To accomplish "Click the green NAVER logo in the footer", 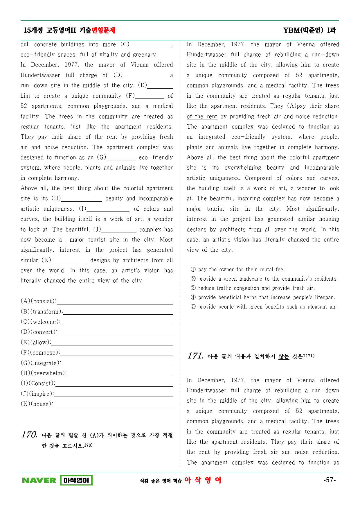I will tap(39, 480).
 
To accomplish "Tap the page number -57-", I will tap(330, 480).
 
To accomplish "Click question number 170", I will tap(29, 435).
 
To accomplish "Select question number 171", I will tap(195, 356).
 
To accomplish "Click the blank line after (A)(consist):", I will tap(115, 302).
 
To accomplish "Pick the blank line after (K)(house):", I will tap(113, 404).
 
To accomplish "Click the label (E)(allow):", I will tap(36, 343).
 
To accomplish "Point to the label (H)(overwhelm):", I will tap(44, 373).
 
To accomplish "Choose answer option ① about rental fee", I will tap(238, 270).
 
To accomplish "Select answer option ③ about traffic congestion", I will tap(253, 288).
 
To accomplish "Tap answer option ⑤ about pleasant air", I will tap(264, 307).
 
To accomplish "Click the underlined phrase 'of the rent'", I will tap(202, 117).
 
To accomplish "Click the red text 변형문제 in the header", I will tap(103, 30).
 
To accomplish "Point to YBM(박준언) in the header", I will tap(303, 30).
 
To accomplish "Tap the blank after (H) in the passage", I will tap(82, 199).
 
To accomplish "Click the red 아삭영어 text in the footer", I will tap(203, 480).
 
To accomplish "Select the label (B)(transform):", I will tap(42, 312).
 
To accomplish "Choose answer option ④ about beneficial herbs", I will tap(263, 297).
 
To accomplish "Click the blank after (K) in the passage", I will tap(69, 260).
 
